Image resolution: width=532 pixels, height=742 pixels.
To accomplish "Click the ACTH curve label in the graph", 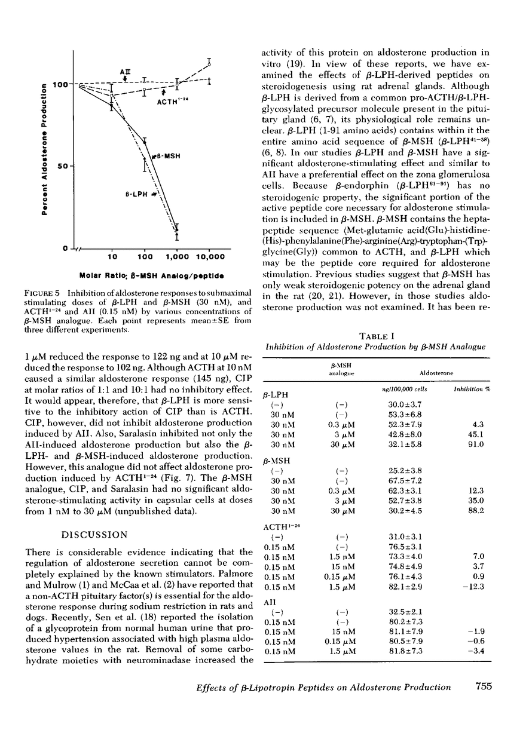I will coord(173,102).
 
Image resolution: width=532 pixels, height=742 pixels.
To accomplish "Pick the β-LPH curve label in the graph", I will coord(137,195).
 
